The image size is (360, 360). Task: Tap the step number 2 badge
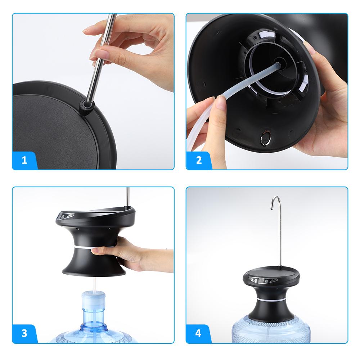199,160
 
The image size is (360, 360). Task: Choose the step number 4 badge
199,333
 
